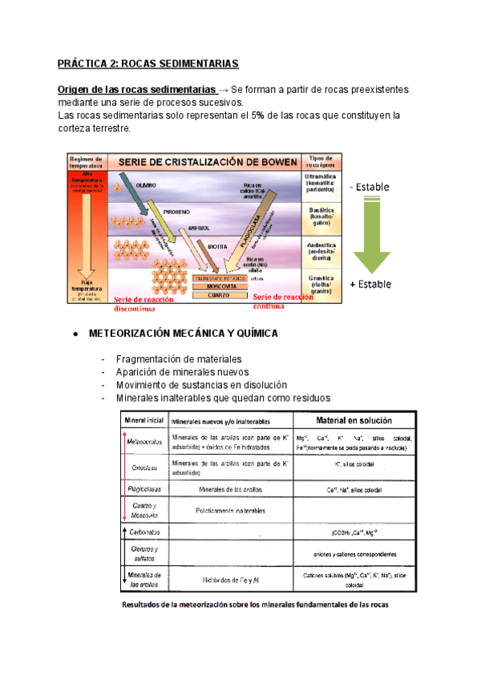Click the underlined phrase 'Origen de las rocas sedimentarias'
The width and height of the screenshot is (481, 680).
136,88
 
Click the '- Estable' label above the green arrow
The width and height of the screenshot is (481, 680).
370,188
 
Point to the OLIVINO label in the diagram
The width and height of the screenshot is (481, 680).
146,185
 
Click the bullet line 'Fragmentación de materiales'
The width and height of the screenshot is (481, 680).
178,359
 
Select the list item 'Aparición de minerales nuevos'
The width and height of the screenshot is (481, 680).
182,372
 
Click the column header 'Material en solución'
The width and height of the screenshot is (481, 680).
353,419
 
